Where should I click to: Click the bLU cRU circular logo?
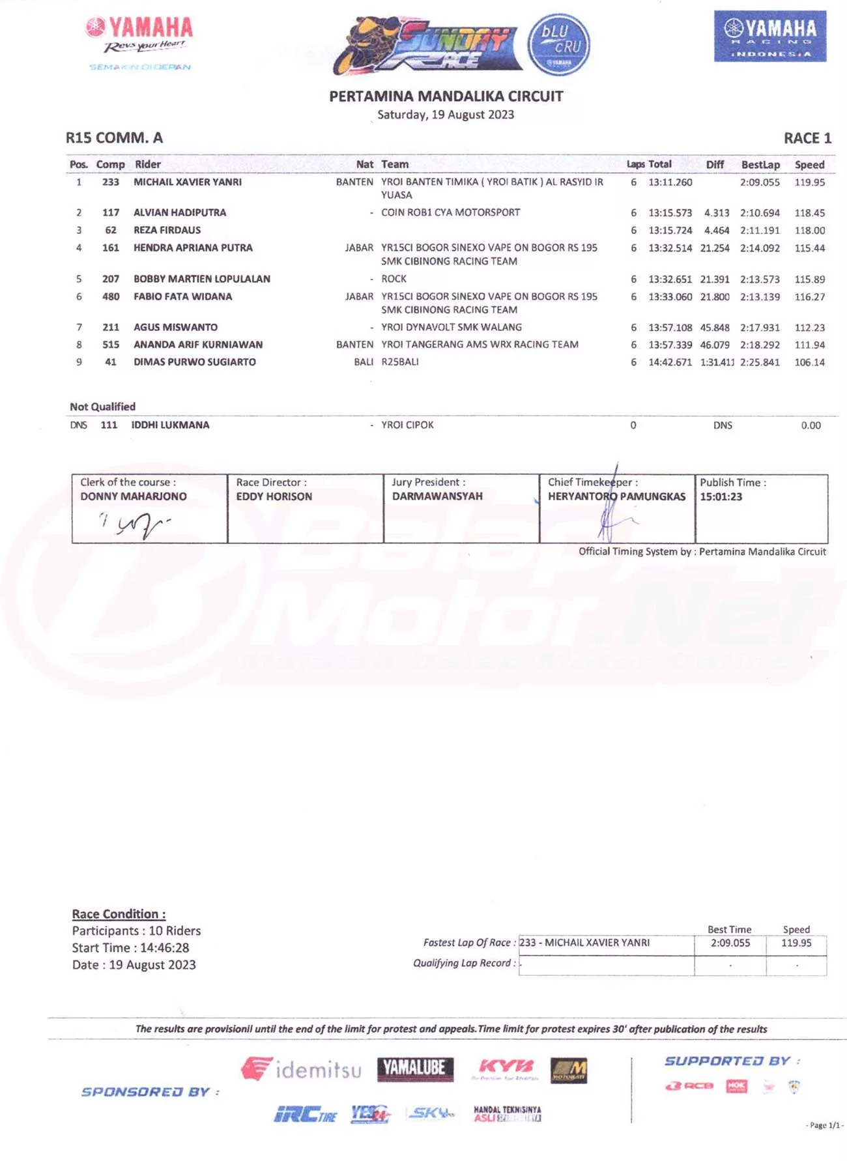(x=558, y=44)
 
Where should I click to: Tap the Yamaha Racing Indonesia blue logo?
(x=770, y=36)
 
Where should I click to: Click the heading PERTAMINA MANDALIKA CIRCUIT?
(x=446, y=96)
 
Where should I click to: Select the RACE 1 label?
(x=807, y=138)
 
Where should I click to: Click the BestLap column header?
(x=760, y=165)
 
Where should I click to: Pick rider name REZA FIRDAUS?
(x=167, y=230)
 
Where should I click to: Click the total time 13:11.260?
(x=670, y=182)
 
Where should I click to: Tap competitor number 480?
(x=111, y=296)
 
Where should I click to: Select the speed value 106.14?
(x=809, y=362)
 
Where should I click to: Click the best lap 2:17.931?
(x=760, y=328)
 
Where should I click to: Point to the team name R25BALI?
(x=400, y=362)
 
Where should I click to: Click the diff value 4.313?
(x=716, y=213)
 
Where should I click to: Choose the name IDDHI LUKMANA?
(x=170, y=425)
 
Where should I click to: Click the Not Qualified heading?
(x=102, y=407)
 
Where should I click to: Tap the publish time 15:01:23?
(x=721, y=496)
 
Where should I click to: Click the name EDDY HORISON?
(x=274, y=496)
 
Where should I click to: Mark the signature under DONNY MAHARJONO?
(x=136, y=524)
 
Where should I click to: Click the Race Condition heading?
(x=119, y=914)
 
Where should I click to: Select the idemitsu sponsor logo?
(x=301, y=1069)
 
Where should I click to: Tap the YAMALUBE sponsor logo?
(x=415, y=1068)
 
